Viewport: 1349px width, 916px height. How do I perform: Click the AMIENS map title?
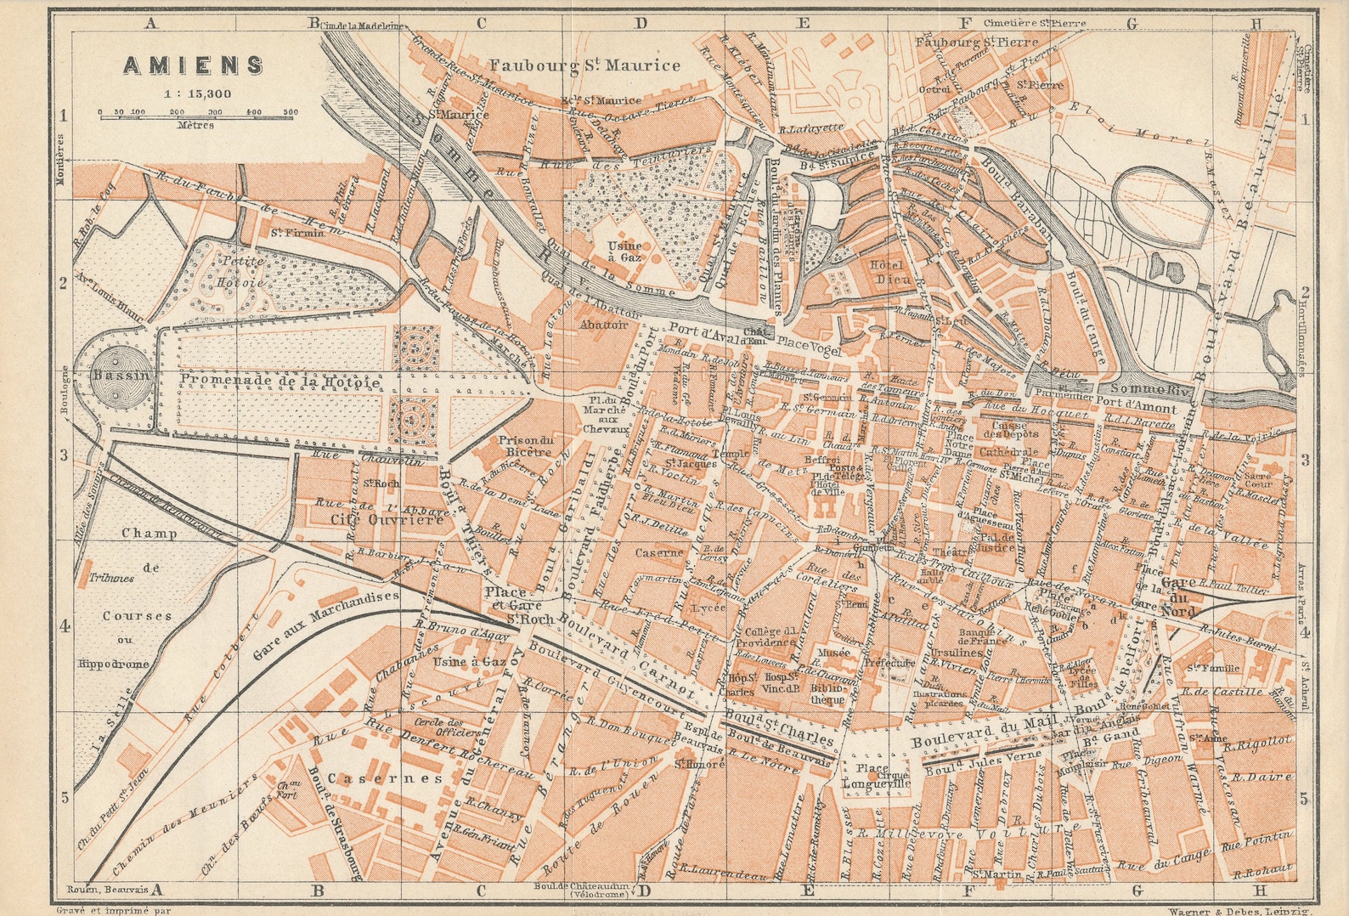[x=194, y=65]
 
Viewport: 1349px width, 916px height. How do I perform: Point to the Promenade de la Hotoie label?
[x=280, y=382]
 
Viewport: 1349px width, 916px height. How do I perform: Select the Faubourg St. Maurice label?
[x=585, y=65]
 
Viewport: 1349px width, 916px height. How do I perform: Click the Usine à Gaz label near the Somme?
[x=624, y=251]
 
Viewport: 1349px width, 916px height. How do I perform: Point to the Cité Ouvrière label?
[x=387, y=519]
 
